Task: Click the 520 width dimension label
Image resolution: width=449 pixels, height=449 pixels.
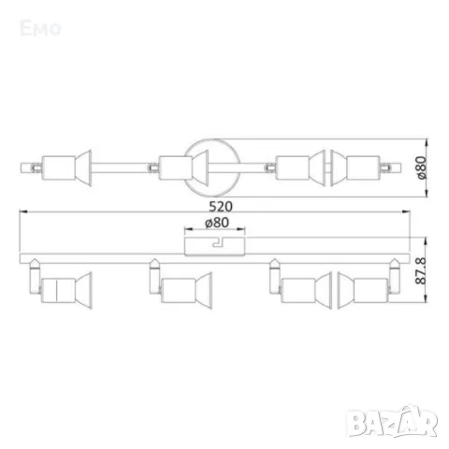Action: point(222,205)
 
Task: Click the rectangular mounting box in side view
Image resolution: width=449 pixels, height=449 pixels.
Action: point(213,245)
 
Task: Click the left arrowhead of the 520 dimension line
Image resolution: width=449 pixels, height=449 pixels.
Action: point(21,216)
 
